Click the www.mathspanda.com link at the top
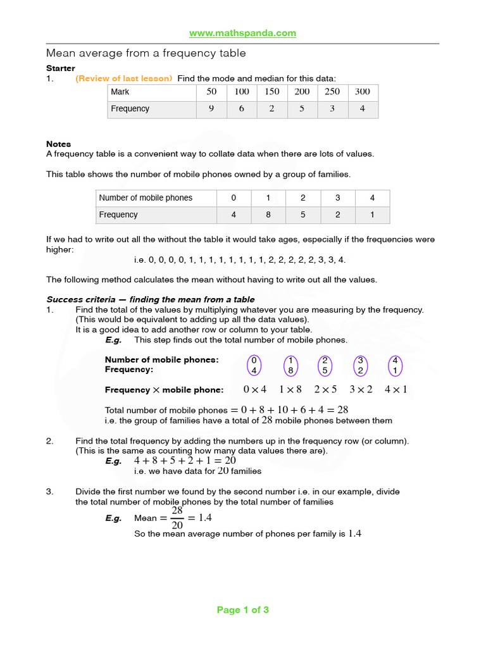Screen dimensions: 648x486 point(243,33)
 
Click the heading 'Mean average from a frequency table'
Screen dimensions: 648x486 point(146,53)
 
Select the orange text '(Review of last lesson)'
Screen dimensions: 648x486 point(123,78)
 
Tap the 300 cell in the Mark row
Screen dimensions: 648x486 point(363,92)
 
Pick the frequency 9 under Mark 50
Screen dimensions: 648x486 point(211,109)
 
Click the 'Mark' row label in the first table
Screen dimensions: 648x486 point(120,92)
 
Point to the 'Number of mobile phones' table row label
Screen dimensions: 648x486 point(146,198)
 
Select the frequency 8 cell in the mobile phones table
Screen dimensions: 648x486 point(268,215)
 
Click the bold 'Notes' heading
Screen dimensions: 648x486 point(59,144)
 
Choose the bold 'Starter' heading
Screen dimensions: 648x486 point(61,68)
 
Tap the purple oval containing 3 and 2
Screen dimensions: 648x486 point(360,364)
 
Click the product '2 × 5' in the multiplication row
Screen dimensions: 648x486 point(325,390)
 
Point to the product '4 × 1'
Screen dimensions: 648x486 point(396,390)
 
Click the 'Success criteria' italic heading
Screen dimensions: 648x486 point(151,299)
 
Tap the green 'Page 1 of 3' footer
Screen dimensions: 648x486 point(243,610)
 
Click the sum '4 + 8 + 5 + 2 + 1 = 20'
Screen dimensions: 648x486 point(185,461)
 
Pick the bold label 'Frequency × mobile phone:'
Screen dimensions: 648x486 point(164,390)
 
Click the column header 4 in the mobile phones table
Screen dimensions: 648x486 point(373,198)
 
